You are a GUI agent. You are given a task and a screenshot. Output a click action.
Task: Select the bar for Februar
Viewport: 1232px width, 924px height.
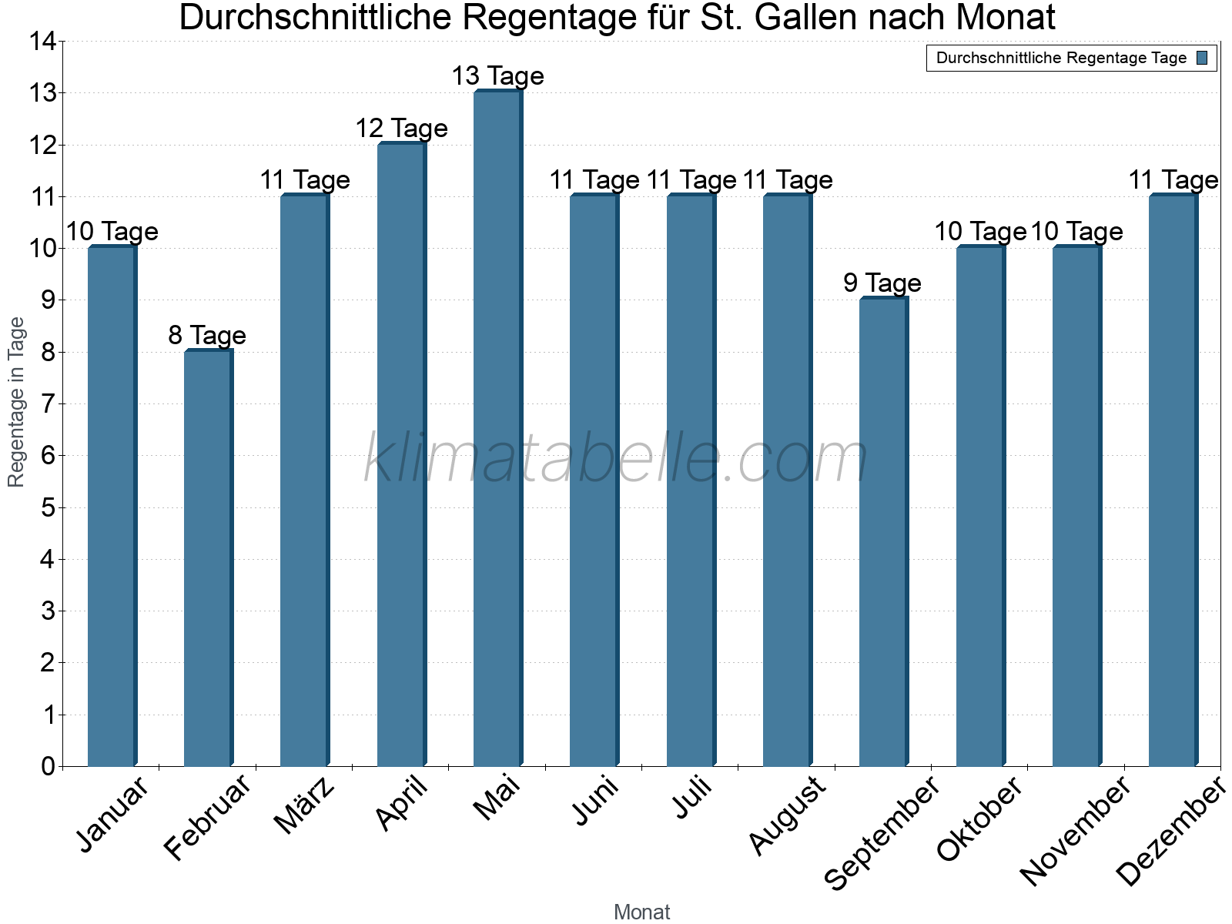pyautogui.click(x=208, y=558)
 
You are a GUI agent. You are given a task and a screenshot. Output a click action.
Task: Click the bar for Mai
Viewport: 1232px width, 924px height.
pyautogui.click(x=497, y=428)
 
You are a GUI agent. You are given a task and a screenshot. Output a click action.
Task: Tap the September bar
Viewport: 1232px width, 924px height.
pyautogui.click(x=883, y=532)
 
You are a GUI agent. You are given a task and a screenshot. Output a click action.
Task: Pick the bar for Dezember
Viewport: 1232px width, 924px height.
pyautogui.click(x=1173, y=480)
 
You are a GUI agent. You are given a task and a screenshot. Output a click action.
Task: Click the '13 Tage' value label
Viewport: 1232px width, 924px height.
pyautogui.click(x=497, y=76)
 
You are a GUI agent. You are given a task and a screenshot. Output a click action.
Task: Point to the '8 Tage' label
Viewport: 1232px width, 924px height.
pyautogui.click(x=207, y=336)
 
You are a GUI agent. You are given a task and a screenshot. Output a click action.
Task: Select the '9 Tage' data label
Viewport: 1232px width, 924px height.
pyautogui.click(x=882, y=283)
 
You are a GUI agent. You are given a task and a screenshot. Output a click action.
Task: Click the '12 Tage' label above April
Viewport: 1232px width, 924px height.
pyautogui.click(x=401, y=129)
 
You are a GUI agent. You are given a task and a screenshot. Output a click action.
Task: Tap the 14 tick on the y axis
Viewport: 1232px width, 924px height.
pyautogui.click(x=43, y=42)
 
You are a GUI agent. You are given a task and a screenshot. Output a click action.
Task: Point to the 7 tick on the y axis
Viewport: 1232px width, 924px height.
pyautogui.click(x=49, y=404)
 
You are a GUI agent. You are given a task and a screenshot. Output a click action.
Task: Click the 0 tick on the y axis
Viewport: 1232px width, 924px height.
pyautogui.click(x=49, y=766)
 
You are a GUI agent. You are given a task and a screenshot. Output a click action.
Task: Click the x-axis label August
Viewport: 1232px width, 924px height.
pyautogui.click(x=787, y=816)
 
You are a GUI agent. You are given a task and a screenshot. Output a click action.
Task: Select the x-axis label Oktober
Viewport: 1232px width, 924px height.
pyautogui.click(x=979, y=820)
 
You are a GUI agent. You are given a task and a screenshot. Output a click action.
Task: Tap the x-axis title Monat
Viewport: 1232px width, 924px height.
pyautogui.click(x=641, y=912)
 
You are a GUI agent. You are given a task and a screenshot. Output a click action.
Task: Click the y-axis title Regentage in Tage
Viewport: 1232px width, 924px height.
pyautogui.click(x=16, y=402)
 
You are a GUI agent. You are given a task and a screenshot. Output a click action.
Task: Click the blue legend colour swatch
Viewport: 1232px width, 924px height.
pyautogui.click(x=1202, y=58)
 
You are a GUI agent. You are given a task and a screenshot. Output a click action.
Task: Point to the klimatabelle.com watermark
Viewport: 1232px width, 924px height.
pyautogui.click(x=616, y=459)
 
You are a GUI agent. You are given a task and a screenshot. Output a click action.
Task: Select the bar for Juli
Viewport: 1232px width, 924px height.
pyautogui.click(x=690, y=480)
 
